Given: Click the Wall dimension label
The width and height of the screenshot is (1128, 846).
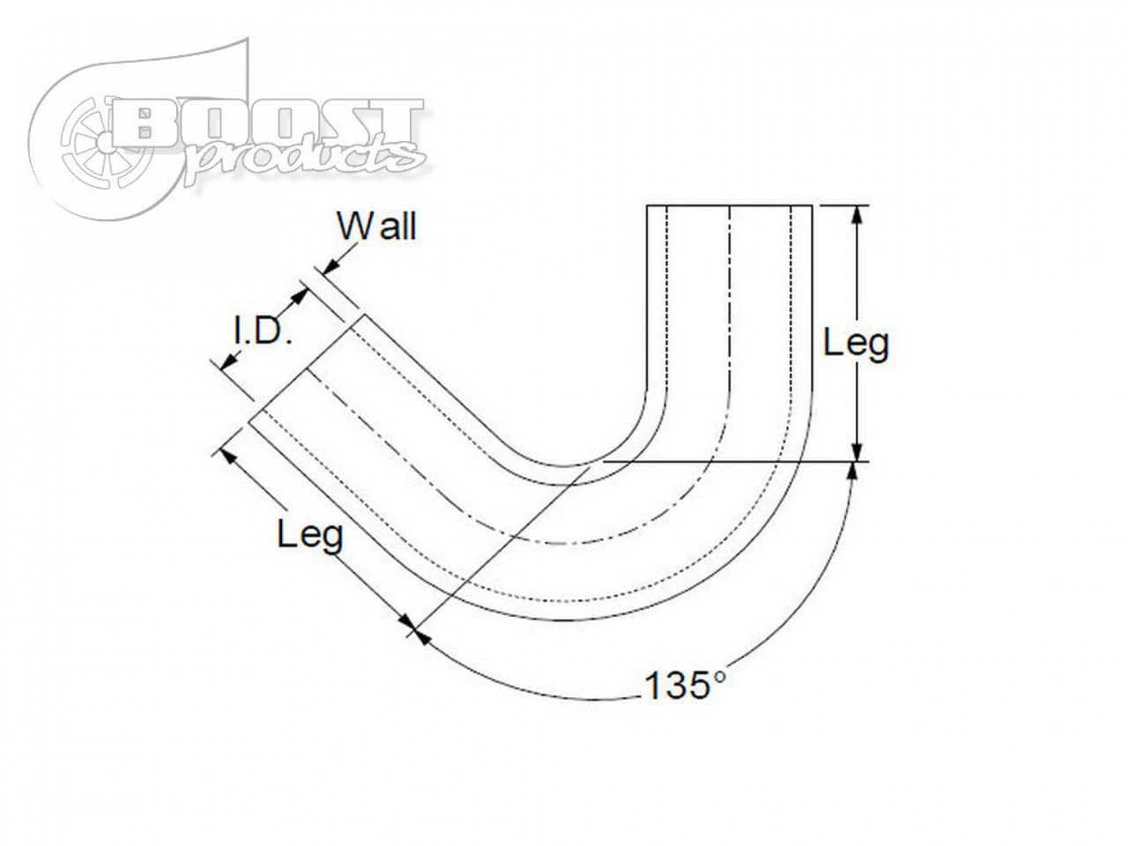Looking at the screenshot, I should (376, 227).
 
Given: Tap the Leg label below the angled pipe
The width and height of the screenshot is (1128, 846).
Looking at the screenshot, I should (310, 534).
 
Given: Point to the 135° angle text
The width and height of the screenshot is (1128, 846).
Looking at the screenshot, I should (686, 686).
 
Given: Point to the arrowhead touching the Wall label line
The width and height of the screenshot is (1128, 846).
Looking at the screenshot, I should (331, 264).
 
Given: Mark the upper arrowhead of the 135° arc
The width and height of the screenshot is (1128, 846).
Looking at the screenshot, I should (852, 469).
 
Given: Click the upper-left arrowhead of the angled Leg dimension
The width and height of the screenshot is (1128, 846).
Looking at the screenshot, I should (226, 455).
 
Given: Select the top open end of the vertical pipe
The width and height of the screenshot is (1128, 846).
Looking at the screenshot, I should (730, 205).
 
